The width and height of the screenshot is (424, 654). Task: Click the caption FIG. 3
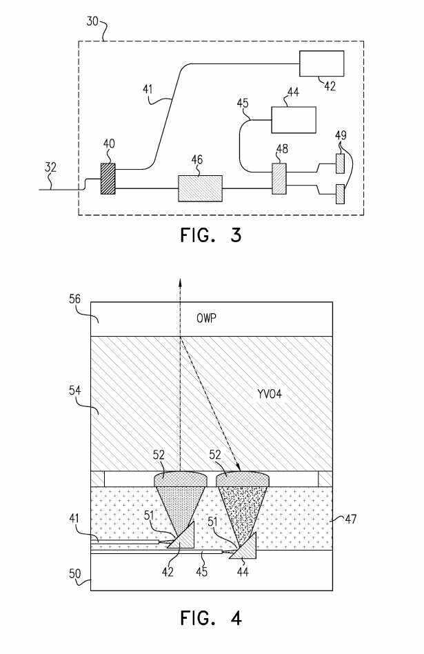tap(211, 236)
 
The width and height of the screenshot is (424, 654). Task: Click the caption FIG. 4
tap(211, 617)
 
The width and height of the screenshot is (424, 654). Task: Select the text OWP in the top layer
tap(207, 319)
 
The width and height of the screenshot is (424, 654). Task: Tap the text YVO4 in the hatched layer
tap(270, 393)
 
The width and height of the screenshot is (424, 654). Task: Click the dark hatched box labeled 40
tap(108, 179)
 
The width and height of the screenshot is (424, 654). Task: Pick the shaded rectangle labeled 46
tap(200, 188)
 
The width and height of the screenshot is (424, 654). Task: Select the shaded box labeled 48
tap(279, 179)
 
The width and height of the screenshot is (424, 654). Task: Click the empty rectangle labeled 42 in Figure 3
tap(322, 63)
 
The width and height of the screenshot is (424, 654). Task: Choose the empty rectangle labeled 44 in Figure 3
tap(294, 120)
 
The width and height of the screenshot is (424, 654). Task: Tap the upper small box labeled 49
tap(340, 163)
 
